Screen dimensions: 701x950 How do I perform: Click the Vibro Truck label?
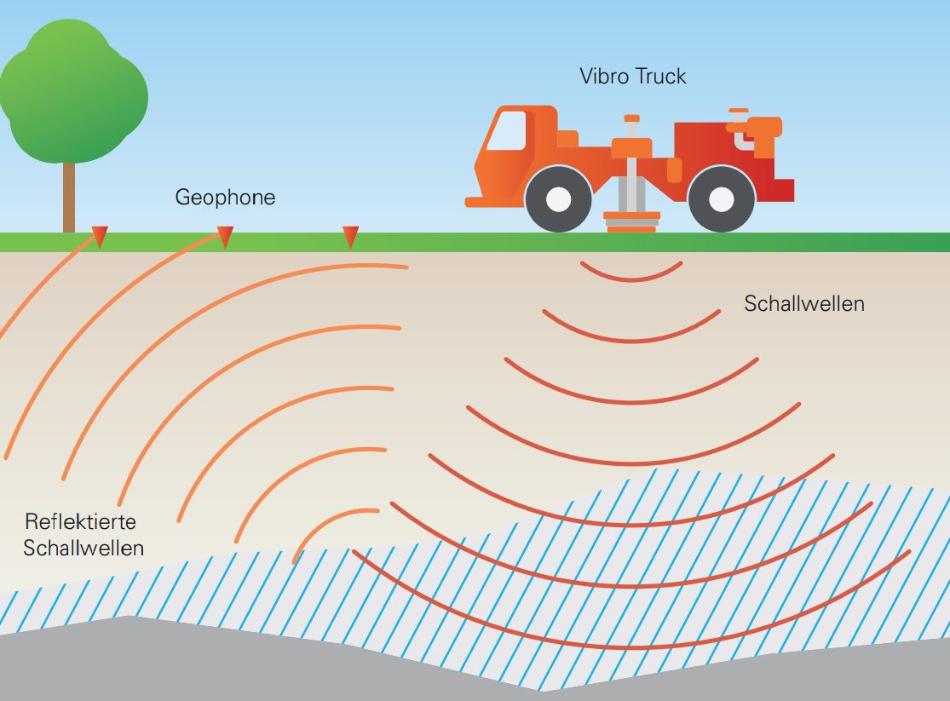(x=632, y=76)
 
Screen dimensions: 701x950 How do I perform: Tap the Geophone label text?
(x=225, y=198)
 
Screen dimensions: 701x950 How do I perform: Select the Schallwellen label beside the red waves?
(x=803, y=303)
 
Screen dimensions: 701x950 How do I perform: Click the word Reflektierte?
(x=80, y=520)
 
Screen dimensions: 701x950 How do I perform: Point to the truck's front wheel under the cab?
(x=558, y=199)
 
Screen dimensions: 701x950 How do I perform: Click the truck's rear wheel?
(x=721, y=199)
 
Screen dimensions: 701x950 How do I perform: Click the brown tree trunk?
(x=69, y=197)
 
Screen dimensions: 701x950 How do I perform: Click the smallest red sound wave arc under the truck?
(x=631, y=273)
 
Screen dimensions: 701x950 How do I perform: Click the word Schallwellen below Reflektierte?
(x=83, y=548)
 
